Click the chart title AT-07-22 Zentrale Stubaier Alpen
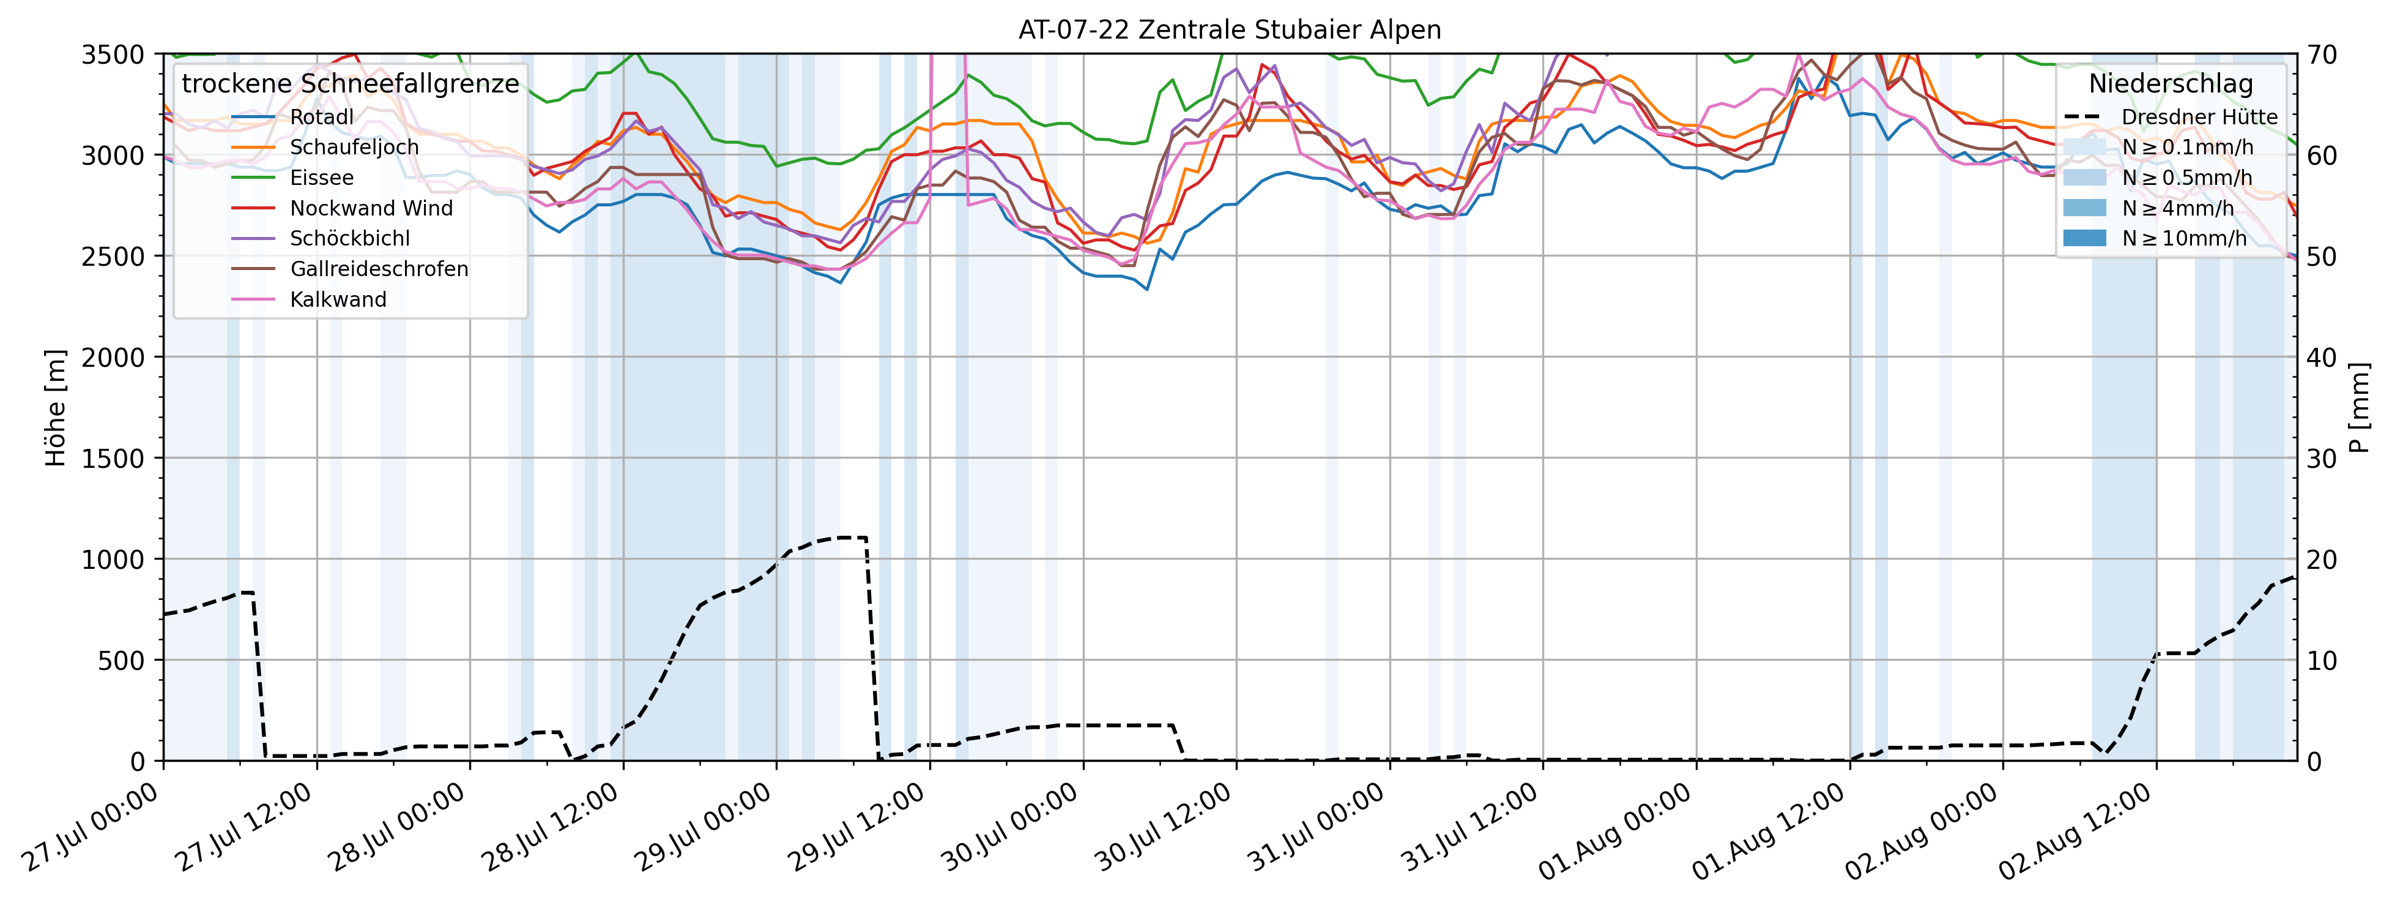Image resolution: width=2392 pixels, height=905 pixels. pyautogui.click(x=1230, y=30)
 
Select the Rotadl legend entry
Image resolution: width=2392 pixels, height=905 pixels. pyautogui.click(x=321, y=117)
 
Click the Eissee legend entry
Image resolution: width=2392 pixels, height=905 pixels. pyautogui.click(x=321, y=178)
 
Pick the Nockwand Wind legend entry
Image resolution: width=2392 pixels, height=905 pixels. pyautogui.click(x=371, y=208)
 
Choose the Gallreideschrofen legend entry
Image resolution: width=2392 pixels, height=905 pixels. pyautogui.click(x=378, y=269)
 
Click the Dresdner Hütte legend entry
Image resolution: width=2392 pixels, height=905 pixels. pyautogui.click(x=2199, y=117)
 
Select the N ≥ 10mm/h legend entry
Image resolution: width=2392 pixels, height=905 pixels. pyautogui.click(x=2184, y=238)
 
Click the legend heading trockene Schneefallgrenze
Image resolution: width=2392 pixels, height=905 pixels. pyautogui.click(x=350, y=84)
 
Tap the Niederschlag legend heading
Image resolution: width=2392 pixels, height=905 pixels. pyautogui.click(x=2170, y=84)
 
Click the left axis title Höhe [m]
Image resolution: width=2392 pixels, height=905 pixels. pyautogui.click(x=56, y=408)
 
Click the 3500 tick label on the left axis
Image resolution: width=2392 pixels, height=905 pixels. pyautogui.click(x=113, y=54)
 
